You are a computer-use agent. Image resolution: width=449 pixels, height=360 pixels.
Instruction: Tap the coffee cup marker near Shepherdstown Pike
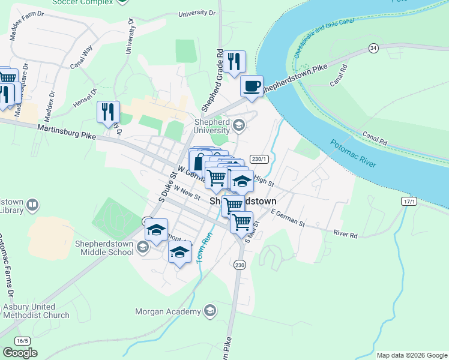coord(252,86)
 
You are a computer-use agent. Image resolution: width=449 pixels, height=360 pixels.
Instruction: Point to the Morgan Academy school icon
coord(209,311)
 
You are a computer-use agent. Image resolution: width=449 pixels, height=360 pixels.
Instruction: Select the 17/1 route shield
coord(409,202)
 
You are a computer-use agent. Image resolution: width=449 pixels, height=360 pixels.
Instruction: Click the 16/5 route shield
coord(22,341)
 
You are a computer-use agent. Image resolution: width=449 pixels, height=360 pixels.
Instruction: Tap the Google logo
coord(20,353)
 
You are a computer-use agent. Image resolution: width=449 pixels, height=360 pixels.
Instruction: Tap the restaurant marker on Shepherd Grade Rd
coord(234,61)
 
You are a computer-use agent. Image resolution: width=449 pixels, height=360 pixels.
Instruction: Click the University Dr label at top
coord(196,13)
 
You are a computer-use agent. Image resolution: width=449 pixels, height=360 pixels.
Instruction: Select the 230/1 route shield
coord(259,158)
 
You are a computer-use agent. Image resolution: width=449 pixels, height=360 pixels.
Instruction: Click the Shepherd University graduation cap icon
coord(239,125)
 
